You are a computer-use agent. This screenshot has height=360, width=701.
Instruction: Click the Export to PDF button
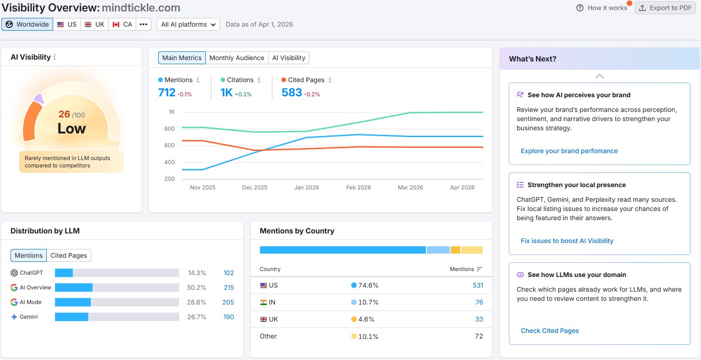[665, 8]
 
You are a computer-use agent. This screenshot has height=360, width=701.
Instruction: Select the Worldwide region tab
[28, 24]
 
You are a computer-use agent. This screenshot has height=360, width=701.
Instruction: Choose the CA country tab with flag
[122, 24]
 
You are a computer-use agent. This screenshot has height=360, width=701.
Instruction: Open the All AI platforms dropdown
[188, 24]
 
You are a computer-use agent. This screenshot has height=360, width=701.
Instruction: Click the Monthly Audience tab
[237, 58]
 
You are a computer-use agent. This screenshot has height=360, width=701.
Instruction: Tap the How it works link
[602, 8]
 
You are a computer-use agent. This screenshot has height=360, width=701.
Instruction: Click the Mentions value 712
[167, 93]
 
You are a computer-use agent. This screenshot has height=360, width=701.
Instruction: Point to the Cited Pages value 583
[292, 93]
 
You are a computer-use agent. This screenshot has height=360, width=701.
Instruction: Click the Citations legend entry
[240, 80]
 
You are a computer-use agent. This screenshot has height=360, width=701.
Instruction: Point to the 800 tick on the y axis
[170, 129]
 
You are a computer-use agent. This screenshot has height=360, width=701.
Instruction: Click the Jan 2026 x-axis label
[306, 188]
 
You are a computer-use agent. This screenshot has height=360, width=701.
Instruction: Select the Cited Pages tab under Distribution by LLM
[69, 255]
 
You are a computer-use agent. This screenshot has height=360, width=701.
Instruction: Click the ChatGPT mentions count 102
[229, 273]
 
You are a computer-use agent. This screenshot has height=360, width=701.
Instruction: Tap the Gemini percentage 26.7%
[197, 317]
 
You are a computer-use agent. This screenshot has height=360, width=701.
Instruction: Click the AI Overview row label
[35, 288]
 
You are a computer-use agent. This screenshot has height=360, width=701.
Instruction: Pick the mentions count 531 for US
[478, 285]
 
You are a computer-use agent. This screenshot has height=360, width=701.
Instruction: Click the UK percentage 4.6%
[366, 319]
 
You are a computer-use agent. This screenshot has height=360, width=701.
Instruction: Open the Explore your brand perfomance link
[569, 151]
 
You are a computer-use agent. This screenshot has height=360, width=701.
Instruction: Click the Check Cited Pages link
[550, 331]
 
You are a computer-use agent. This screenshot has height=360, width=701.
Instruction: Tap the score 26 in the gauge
[64, 114]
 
